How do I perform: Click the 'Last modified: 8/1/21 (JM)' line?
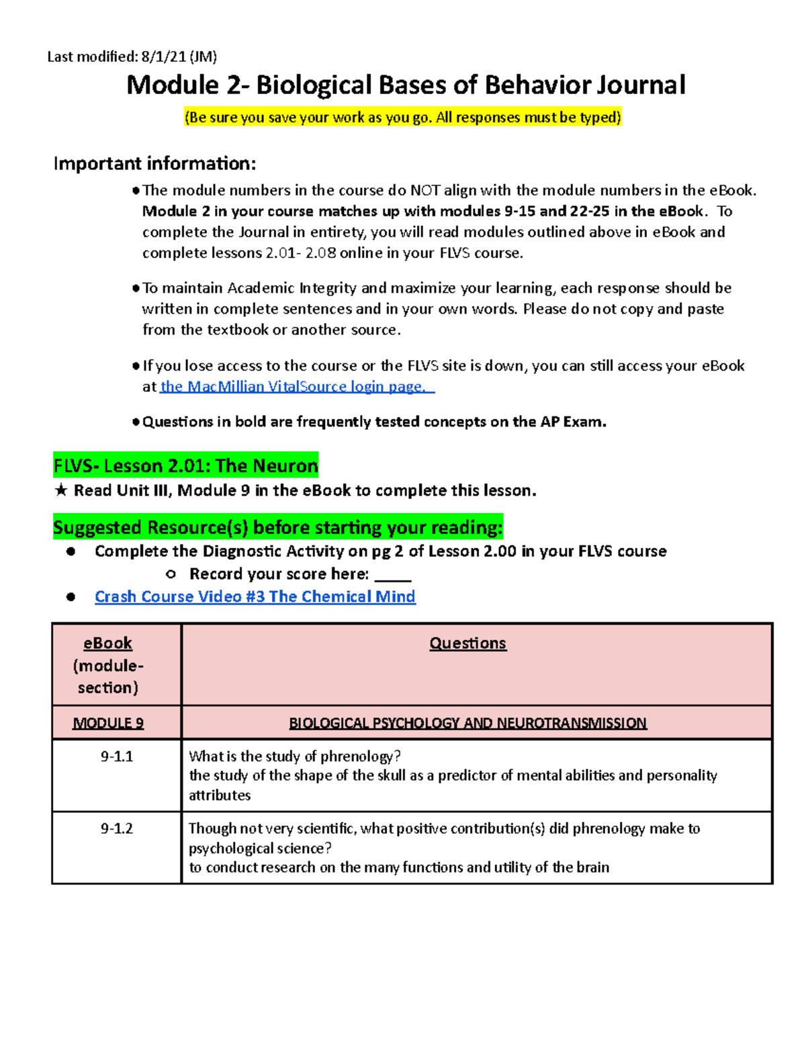(132, 56)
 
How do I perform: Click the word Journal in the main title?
(641, 85)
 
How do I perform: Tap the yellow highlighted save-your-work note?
(403, 118)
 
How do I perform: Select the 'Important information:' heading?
(154, 163)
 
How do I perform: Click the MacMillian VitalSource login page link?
(296, 387)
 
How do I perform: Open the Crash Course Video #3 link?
(255, 596)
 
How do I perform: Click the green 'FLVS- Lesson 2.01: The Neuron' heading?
(185, 465)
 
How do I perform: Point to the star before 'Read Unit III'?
(61, 491)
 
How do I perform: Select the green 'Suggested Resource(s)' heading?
(277, 528)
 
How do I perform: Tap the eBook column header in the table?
(107, 643)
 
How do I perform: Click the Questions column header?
(467, 643)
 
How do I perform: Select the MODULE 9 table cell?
(108, 723)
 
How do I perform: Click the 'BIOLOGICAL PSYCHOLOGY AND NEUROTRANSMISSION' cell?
(467, 723)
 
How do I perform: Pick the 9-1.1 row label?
(117, 756)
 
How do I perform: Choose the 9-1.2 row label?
(117, 828)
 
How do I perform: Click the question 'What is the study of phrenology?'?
(295, 756)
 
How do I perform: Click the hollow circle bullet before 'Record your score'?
(171, 574)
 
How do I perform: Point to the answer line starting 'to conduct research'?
(399, 867)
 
